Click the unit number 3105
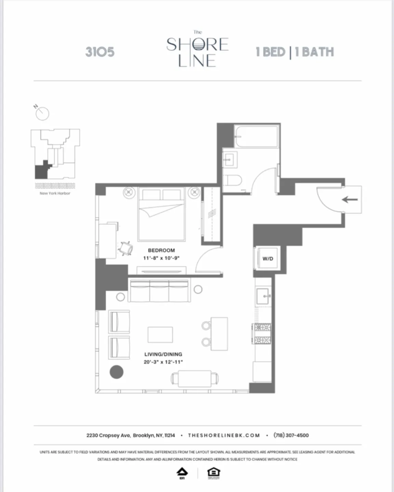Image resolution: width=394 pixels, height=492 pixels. (x=100, y=52)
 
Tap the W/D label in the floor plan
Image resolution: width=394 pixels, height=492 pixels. (x=268, y=259)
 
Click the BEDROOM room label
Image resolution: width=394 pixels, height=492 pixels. (x=161, y=250)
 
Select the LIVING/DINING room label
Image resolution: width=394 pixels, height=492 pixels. (x=163, y=354)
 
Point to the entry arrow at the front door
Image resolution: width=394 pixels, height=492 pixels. (x=350, y=200)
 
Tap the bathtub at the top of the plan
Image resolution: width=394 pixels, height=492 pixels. (x=257, y=136)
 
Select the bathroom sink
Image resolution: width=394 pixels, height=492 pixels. (x=229, y=158)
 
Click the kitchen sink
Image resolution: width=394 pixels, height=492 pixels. (x=263, y=296)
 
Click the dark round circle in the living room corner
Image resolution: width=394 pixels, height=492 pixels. (x=116, y=372)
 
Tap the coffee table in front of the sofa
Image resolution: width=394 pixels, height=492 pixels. (x=160, y=334)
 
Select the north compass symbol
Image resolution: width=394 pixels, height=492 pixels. (x=42, y=113)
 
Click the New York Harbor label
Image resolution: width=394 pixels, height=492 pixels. (x=55, y=193)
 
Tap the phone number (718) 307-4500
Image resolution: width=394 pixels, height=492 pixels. (x=291, y=435)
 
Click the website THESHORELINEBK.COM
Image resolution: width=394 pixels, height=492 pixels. (x=224, y=435)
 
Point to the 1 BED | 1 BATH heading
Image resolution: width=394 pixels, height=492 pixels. (x=295, y=52)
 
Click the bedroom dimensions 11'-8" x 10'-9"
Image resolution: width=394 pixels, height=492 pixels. (x=161, y=258)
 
